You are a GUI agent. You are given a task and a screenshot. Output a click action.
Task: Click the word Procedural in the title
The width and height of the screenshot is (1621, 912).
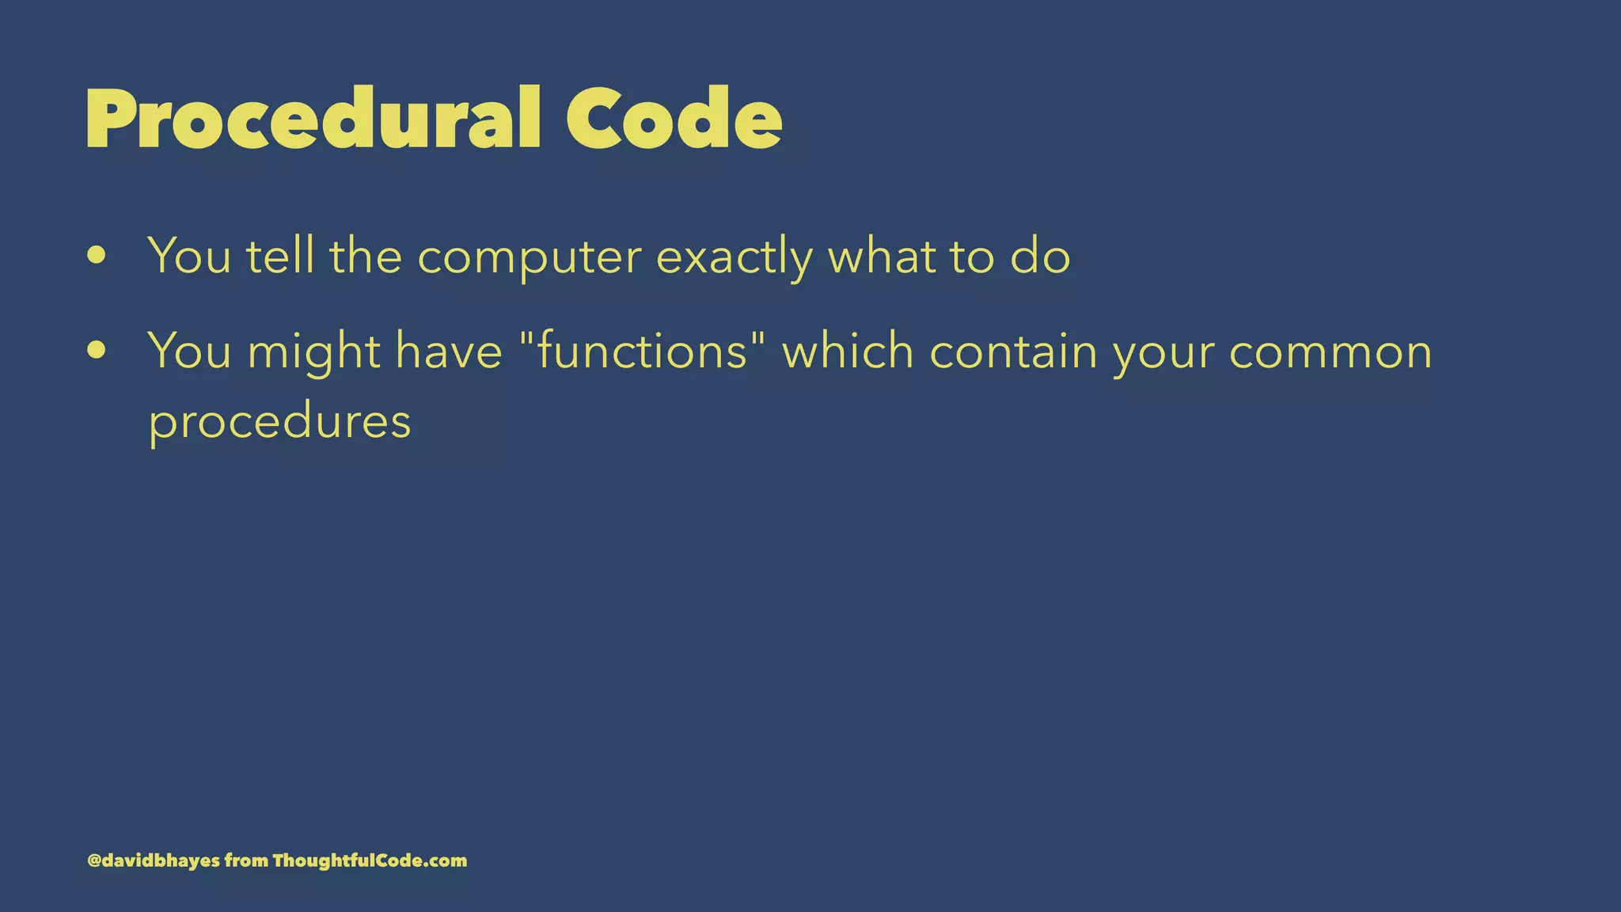coord(313,119)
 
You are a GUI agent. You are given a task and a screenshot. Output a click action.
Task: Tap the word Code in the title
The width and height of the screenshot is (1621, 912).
coord(674,119)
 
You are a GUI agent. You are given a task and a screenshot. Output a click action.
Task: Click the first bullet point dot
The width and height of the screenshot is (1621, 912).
coord(97,256)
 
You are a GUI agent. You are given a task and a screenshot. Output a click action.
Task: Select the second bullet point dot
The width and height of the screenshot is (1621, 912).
coord(97,350)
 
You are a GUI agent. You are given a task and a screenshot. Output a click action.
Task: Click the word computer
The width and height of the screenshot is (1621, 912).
coord(530,258)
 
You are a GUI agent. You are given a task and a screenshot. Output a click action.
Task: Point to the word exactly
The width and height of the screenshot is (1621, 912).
coord(734,258)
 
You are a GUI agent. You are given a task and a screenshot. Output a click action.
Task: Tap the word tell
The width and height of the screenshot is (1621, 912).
coord(280,256)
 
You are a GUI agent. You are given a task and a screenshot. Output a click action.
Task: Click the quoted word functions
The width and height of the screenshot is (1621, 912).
coord(642,351)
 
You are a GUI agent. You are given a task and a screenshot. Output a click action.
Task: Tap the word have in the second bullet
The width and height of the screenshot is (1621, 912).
coord(449,351)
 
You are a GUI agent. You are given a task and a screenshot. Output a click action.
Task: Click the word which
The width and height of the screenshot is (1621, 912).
coord(848,351)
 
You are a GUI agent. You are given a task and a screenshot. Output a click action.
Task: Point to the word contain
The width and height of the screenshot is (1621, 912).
coord(1013,351)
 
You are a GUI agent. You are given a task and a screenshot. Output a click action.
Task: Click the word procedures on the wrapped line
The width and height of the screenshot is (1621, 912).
coord(280,422)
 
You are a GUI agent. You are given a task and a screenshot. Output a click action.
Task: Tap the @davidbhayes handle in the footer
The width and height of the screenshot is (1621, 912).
coord(154,861)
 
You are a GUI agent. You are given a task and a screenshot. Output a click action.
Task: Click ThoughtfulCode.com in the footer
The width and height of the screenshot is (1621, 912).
coord(370,861)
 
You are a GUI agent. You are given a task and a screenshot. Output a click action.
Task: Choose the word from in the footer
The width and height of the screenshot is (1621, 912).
coord(246,861)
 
